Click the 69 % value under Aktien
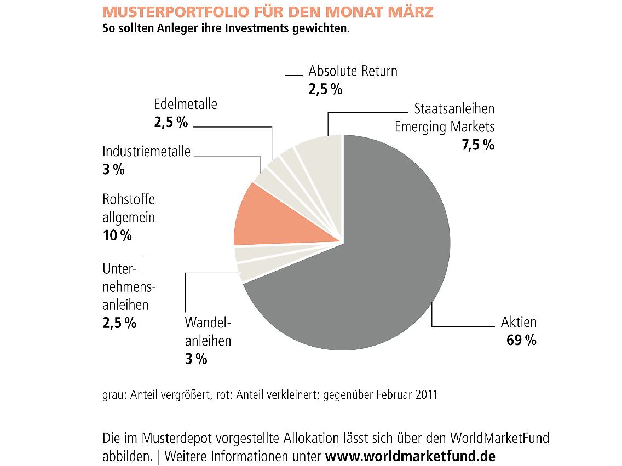pyautogui.click(x=521, y=341)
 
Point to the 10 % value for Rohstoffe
pyautogui.click(x=117, y=236)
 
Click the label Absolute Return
pyautogui.click(x=353, y=71)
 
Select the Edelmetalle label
pyautogui.click(x=186, y=104)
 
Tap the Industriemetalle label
pyautogui.click(x=147, y=151)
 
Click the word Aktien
pyautogui.click(x=519, y=322)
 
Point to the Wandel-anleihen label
pyautogui.click(x=208, y=331)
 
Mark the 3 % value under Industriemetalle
pyautogui.click(x=113, y=170)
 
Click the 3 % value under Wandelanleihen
pyautogui.click(x=196, y=359)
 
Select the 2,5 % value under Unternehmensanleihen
pyautogui.click(x=119, y=323)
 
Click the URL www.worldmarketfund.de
pyautogui.click(x=410, y=456)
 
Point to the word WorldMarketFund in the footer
pyautogui.click(x=499, y=439)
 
